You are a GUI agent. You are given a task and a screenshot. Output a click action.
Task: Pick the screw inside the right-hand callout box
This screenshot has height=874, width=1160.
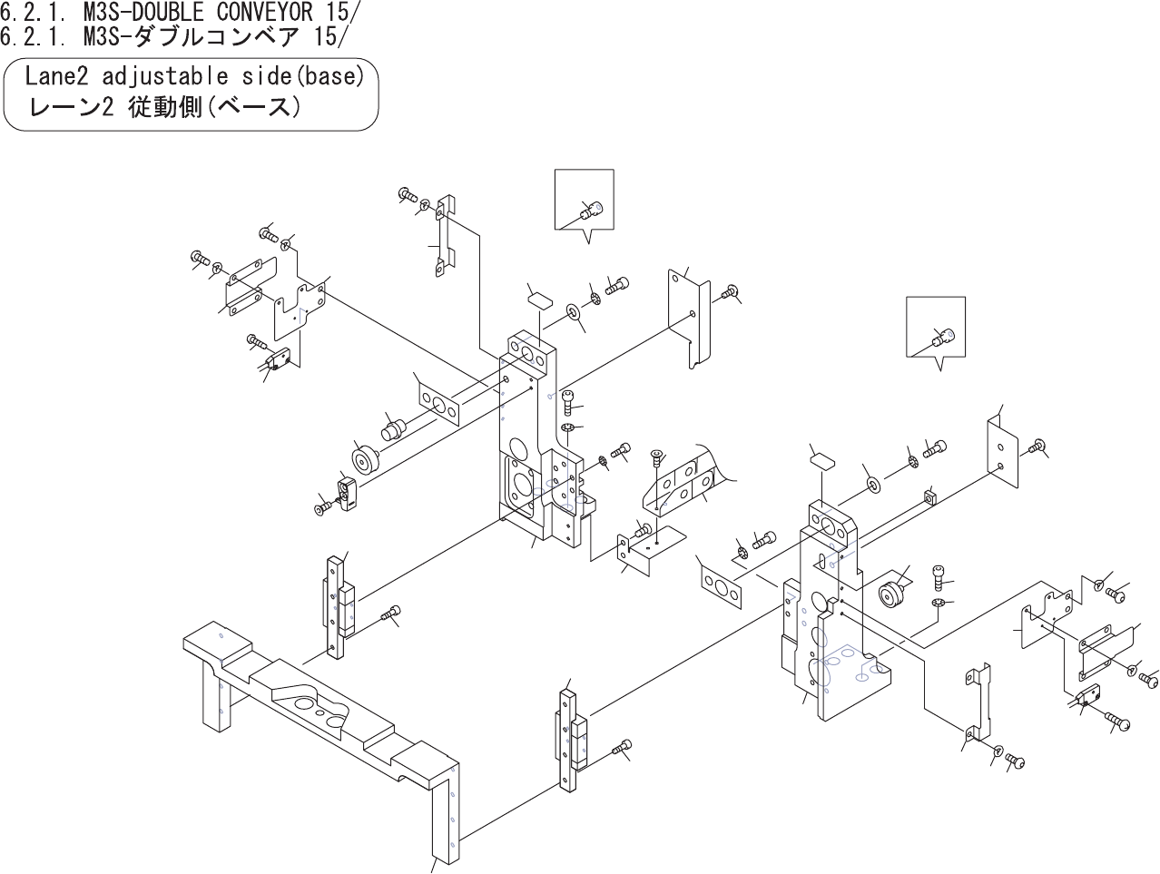coord(945,338)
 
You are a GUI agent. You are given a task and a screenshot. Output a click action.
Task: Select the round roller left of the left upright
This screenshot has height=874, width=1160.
coord(367,460)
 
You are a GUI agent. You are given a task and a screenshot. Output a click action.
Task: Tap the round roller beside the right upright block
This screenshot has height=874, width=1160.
coord(892,595)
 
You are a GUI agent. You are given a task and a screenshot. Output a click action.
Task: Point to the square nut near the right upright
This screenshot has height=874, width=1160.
coord(929,496)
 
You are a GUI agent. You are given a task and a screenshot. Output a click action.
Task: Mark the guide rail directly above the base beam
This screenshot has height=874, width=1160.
coord(338,605)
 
